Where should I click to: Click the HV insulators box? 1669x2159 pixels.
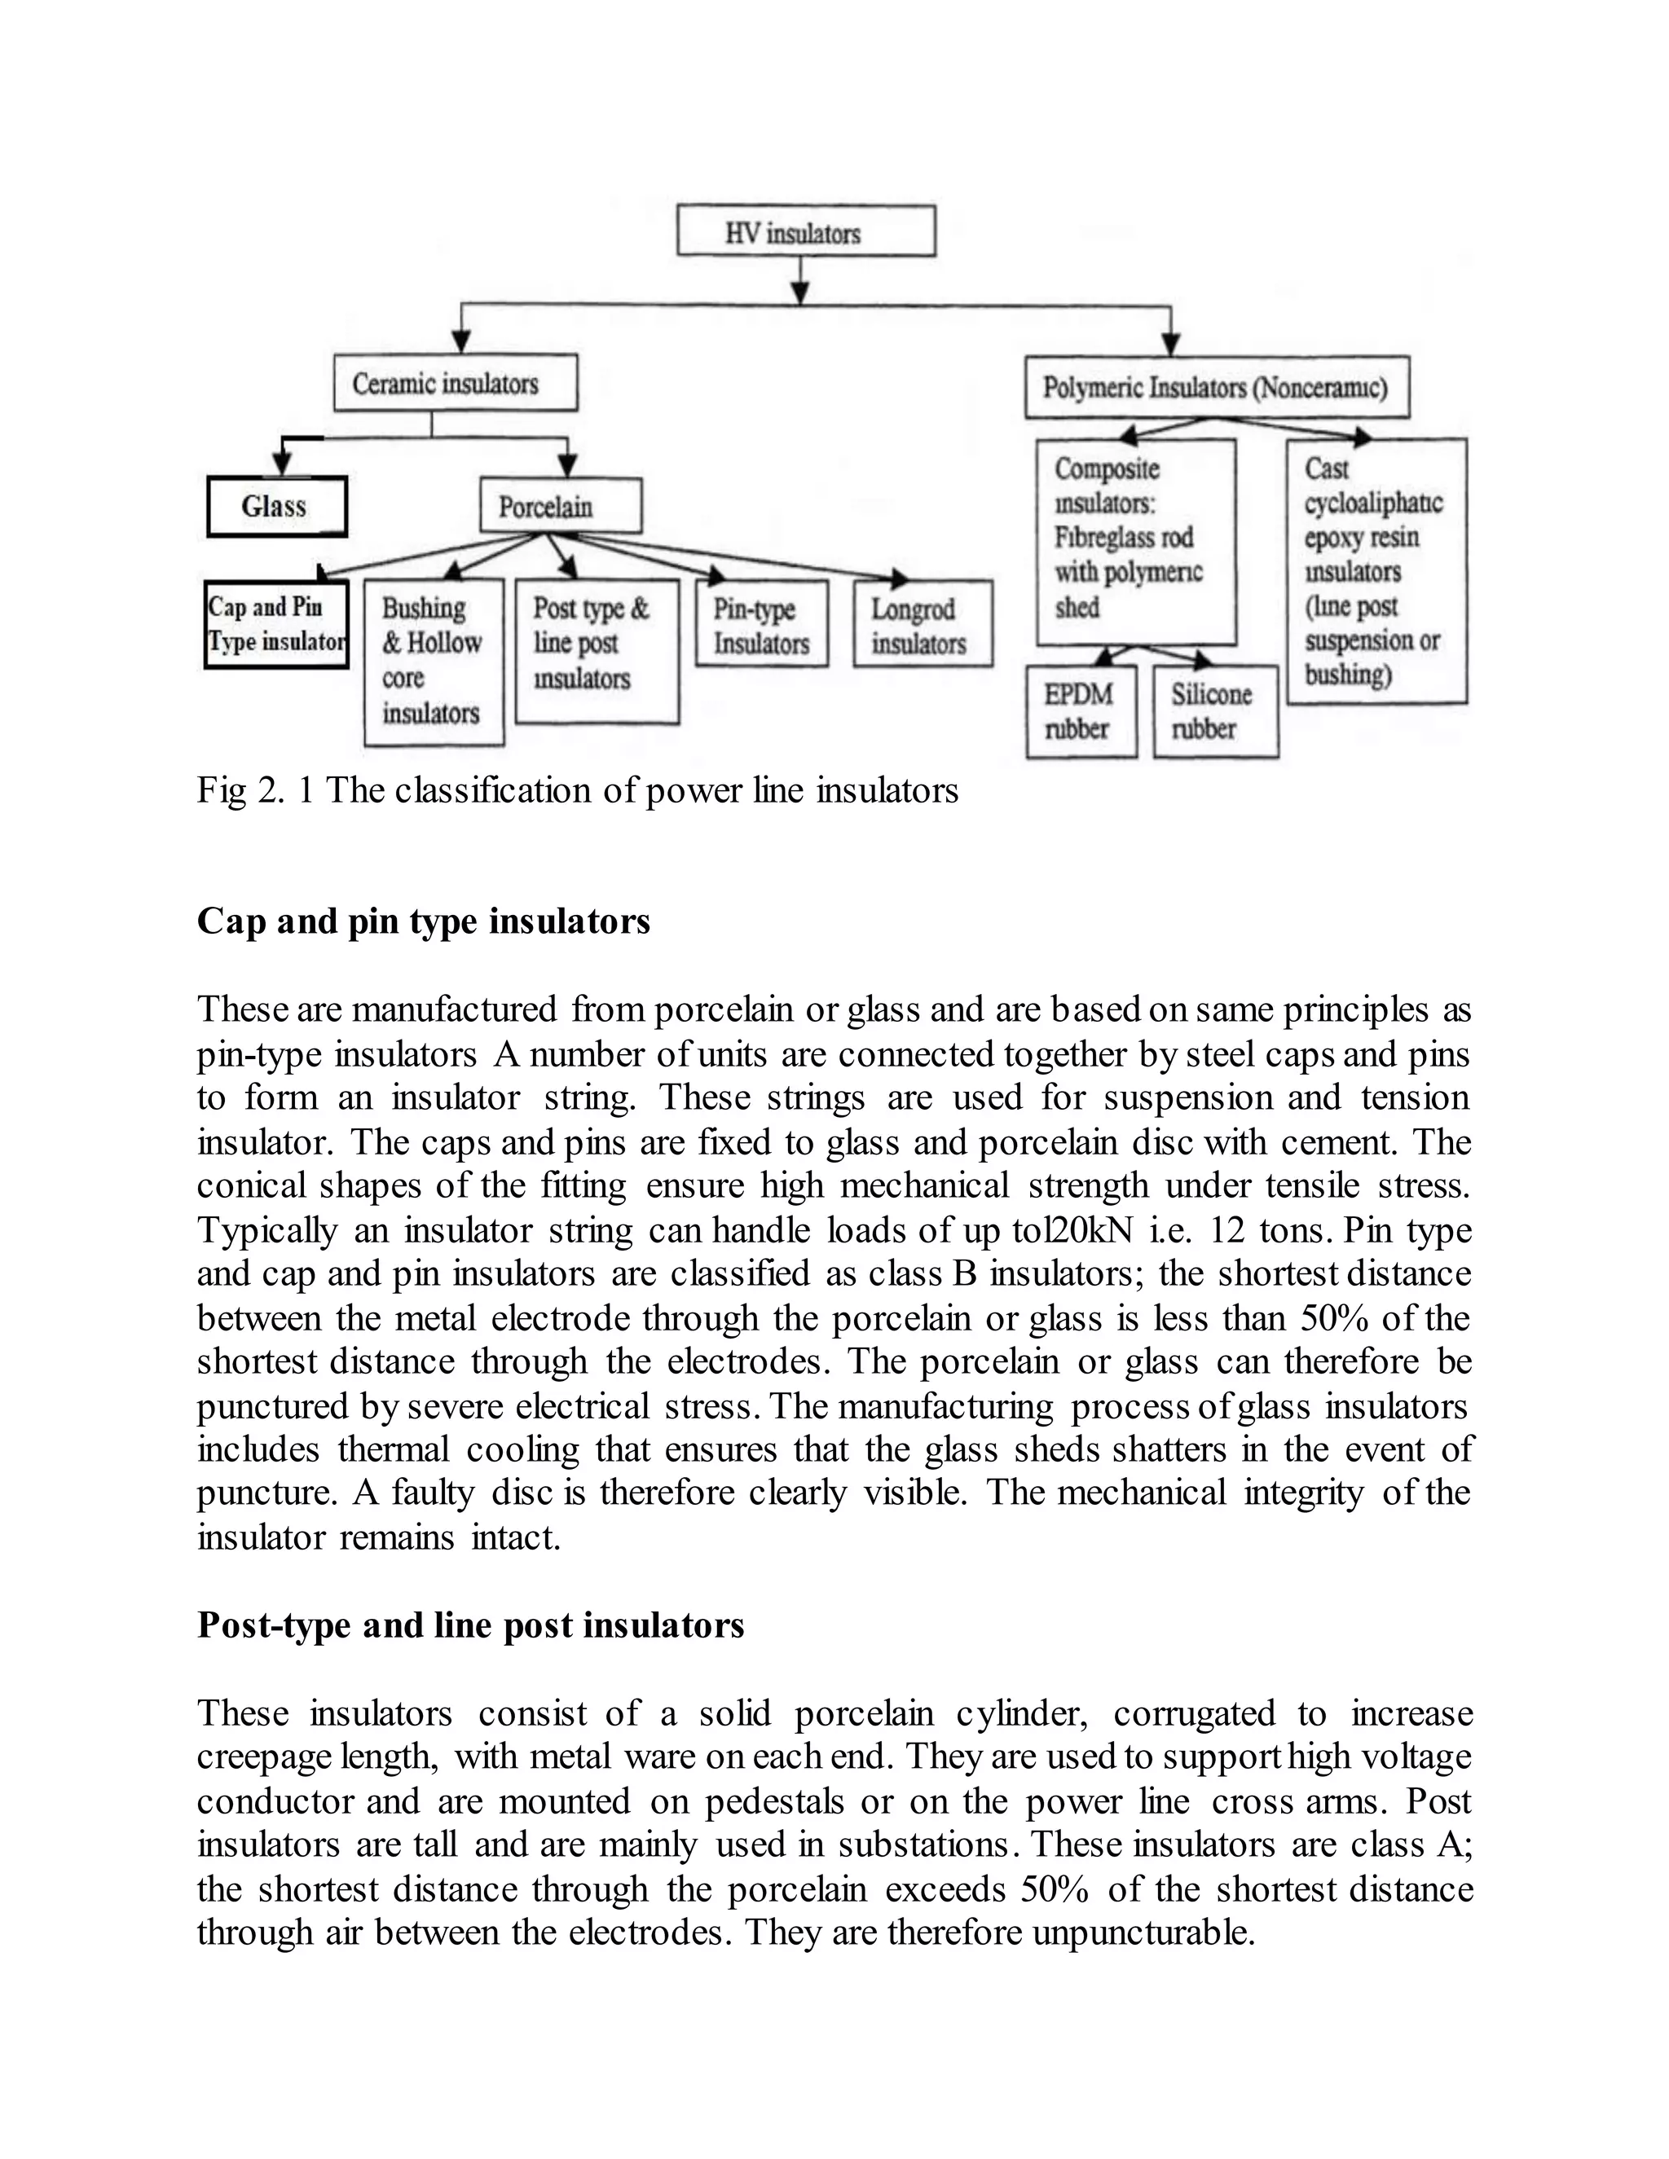[x=805, y=231]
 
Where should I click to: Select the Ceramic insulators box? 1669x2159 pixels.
[x=455, y=383]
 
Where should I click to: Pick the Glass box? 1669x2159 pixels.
[x=276, y=506]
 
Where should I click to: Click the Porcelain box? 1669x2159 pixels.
[x=560, y=506]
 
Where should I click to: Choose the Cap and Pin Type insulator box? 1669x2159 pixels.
[x=276, y=625]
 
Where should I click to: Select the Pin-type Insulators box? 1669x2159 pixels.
[x=760, y=625]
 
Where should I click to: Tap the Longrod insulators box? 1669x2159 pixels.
[x=923, y=625]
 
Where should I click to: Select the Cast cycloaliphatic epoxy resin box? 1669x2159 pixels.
[x=1376, y=571]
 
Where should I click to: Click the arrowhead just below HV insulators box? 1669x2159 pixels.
[x=801, y=292]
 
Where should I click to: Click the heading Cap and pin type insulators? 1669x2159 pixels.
[x=423, y=921]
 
